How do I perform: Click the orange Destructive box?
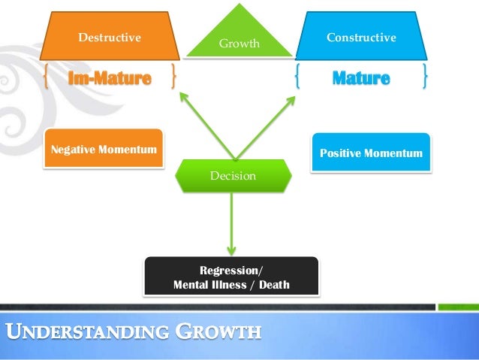110,36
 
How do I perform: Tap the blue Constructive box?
361,36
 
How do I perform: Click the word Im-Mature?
110,77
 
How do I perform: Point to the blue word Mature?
361,77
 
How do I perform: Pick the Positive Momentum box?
371,153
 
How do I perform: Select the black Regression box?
231,277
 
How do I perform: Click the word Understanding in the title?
85,331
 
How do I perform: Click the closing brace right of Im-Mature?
174,77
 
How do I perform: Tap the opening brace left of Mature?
298,77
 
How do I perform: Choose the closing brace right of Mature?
426,77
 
